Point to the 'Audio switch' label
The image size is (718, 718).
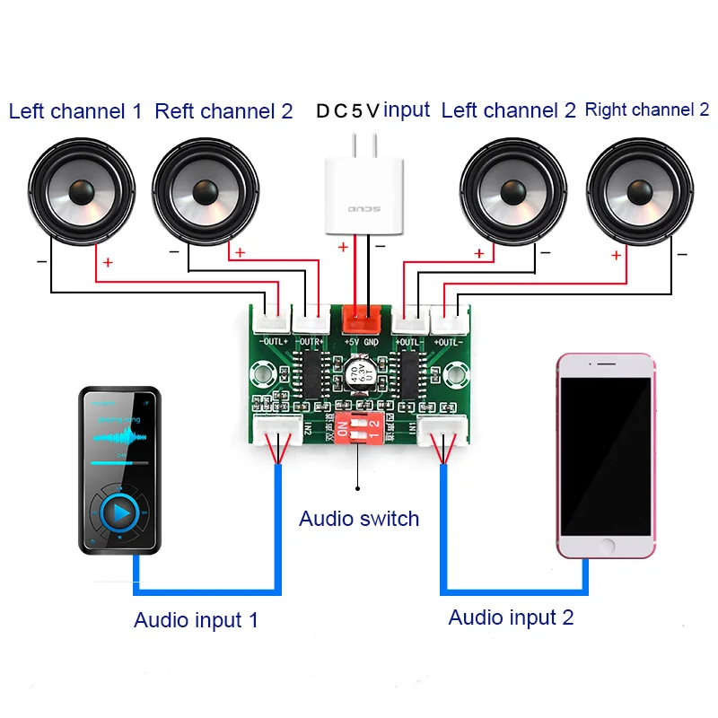point(359,519)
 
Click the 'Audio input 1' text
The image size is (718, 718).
point(196,620)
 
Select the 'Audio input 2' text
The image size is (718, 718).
point(511,617)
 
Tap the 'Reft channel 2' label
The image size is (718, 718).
point(223,112)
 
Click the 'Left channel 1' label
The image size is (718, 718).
point(75,112)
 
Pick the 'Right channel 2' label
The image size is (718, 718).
point(646,110)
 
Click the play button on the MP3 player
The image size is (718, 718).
point(119,513)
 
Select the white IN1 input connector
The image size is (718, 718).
point(442,434)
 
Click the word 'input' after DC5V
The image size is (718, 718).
point(407,110)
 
